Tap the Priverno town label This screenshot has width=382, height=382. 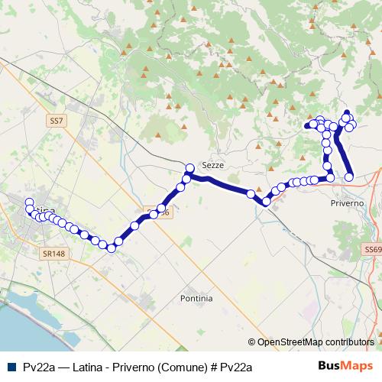pos(347,204)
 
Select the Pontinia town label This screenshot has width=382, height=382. pos(197,298)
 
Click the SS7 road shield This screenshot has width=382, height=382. pos(56,121)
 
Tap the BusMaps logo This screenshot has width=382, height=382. pos(346,366)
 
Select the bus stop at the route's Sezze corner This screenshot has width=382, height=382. pos(190,167)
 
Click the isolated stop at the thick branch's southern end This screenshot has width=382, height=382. pos(349,176)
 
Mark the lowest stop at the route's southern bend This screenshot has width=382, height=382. pos(111,248)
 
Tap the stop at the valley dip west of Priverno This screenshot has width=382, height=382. pos(266,202)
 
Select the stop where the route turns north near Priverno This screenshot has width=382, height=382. pos(331,177)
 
